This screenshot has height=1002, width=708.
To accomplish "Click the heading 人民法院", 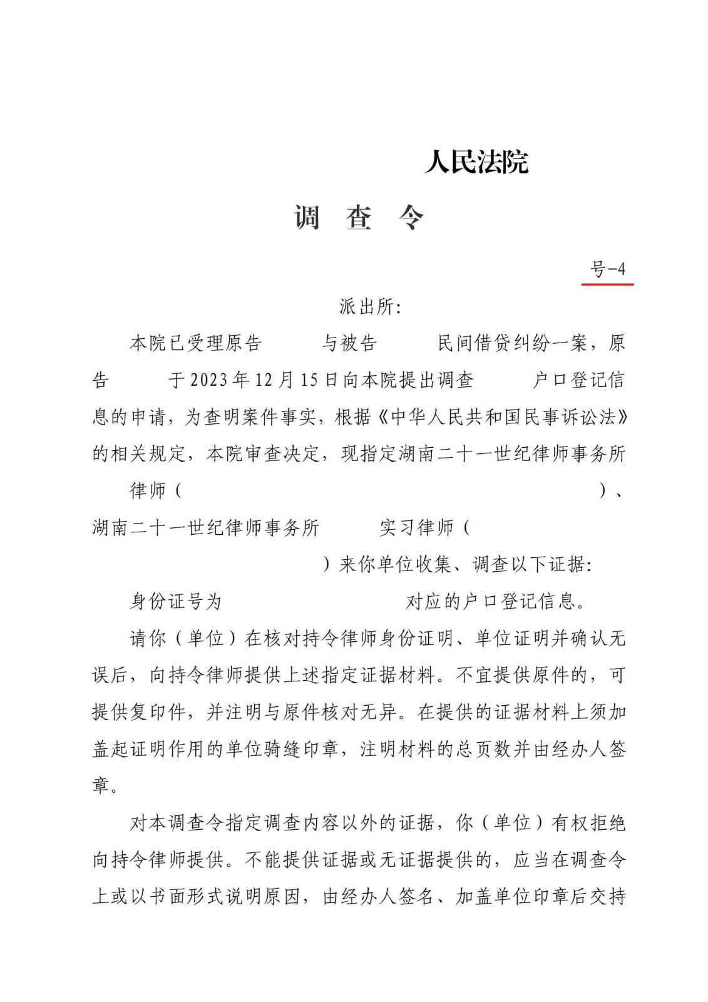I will (x=476, y=163).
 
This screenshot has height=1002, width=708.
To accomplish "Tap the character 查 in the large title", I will (x=359, y=218).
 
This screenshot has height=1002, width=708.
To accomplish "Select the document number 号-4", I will (x=608, y=269).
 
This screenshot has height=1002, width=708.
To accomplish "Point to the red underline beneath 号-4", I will (x=607, y=284).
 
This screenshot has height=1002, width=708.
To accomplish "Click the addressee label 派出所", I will (x=369, y=307).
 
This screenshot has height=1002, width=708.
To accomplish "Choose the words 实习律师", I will (x=417, y=528).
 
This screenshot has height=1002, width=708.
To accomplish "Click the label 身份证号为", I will (x=176, y=602).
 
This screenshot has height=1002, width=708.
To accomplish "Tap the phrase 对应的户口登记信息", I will (x=495, y=602).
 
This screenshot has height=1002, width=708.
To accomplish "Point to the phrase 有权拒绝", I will (x=588, y=823).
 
